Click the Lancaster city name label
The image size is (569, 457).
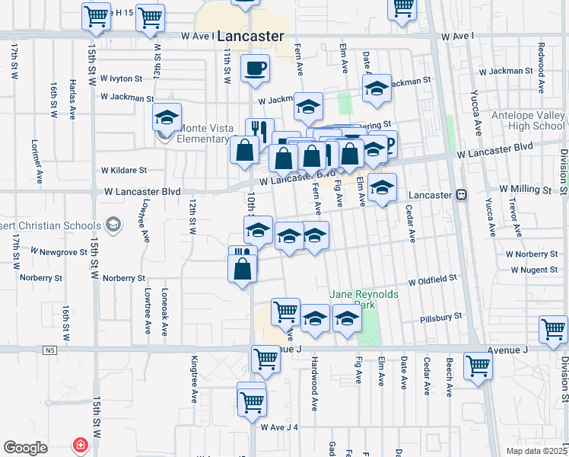point(250,36)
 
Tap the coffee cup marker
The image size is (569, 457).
point(255,69)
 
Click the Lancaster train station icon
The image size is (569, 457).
point(460,194)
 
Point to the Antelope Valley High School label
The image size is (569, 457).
point(528,120)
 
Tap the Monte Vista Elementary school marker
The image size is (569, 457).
point(167,119)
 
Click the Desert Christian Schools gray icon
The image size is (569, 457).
point(113,225)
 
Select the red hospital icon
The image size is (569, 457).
point(78,445)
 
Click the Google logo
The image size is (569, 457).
point(25,448)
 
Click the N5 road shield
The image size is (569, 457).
point(50,350)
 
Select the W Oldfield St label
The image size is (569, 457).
point(432,280)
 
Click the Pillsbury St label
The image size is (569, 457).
point(441,315)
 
